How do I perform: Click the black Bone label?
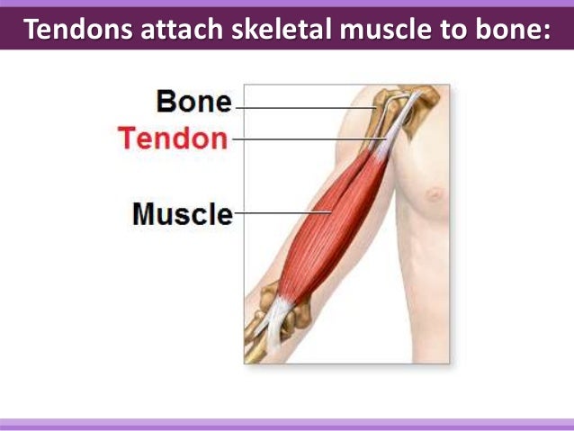[x=194, y=102]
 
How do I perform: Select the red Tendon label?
[x=174, y=139]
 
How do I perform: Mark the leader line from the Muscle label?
[x=279, y=213]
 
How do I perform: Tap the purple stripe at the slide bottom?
[x=287, y=423]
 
